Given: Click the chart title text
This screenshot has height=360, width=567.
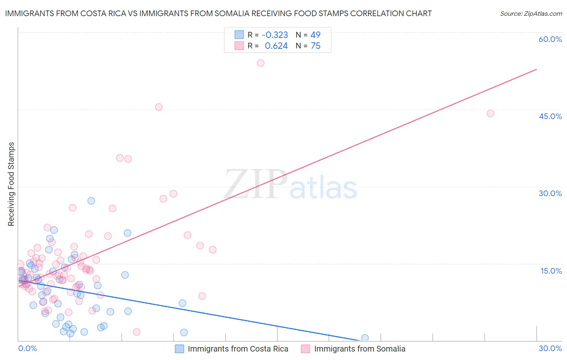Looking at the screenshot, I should (218, 13).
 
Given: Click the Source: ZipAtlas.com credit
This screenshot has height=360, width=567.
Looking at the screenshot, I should (531, 13).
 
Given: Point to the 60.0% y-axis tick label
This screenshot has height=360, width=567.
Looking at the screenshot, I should (550, 39).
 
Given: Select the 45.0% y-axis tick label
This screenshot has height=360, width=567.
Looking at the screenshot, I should (550, 116).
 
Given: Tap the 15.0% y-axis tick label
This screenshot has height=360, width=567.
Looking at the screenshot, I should (551, 271).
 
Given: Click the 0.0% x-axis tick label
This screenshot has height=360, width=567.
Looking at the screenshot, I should (27, 348).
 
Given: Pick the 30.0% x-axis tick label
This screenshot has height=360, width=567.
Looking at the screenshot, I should (550, 348).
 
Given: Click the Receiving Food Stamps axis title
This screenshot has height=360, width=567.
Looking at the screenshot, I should (11, 184).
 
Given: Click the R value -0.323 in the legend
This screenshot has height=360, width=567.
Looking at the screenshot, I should (275, 35).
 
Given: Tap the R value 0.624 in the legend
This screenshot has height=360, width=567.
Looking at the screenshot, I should (276, 46).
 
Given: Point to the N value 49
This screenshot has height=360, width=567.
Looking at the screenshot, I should (315, 35).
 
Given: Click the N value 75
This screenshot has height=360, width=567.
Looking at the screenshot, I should (315, 46).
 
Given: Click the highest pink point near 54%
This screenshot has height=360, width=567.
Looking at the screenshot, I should (261, 63).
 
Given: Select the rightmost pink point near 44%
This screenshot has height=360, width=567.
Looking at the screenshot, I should (490, 113).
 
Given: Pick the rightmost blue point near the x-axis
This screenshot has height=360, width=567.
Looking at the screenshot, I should (365, 338).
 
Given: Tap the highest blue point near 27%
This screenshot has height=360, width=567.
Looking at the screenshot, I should (91, 201).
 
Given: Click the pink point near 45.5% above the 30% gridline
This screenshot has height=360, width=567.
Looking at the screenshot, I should (158, 107).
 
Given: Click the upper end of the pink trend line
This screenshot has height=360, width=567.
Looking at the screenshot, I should (536, 69).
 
